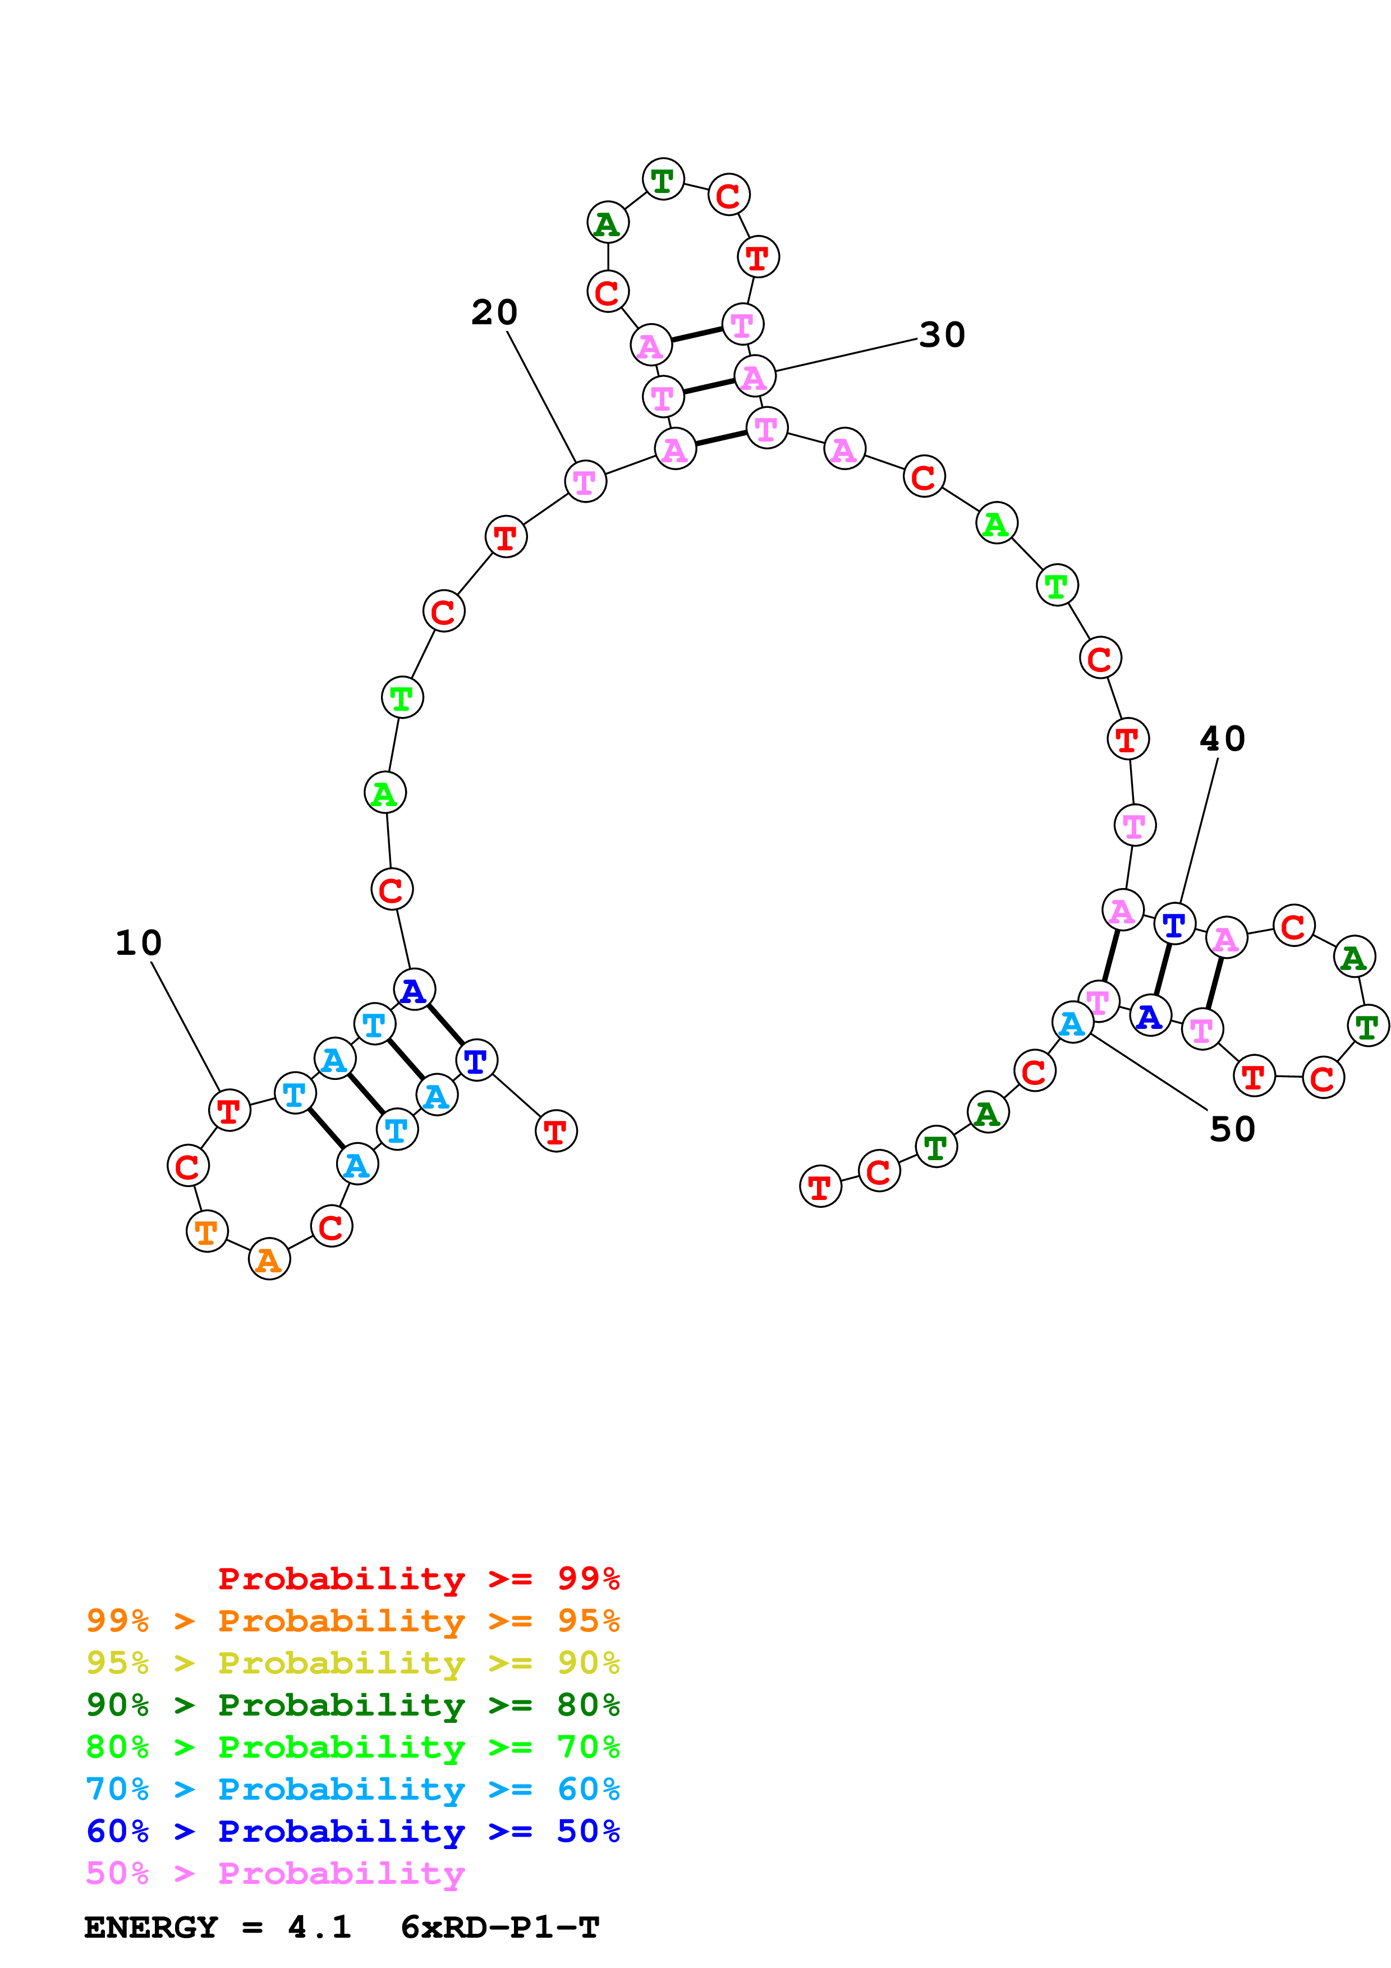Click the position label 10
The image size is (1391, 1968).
(138, 943)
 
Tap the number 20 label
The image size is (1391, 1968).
(494, 312)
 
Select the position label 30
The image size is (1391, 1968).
(942, 335)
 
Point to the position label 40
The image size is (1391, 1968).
(1222, 739)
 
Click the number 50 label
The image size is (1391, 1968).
(1232, 1129)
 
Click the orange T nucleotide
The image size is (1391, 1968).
(206, 1232)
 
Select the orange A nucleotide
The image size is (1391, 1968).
(269, 1259)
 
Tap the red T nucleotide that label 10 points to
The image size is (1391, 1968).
(229, 1111)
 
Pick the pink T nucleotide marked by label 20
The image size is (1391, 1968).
(585, 482)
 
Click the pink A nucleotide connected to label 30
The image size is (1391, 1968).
(754, 376)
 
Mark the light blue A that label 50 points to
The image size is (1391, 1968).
(1072, 1023)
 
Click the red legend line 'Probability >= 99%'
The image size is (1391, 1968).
(418, 1579)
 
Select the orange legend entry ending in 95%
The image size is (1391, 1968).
(352, 1621)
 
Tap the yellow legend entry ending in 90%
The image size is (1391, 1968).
(352, 1663)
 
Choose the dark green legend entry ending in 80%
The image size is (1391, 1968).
(352, 1705)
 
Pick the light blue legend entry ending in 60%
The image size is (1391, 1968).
(352, 1789)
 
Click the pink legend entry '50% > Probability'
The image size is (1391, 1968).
(274, 1873)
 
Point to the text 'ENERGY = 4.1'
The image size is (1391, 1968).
(218, 1928)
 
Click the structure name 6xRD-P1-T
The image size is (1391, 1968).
(499, 1928)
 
